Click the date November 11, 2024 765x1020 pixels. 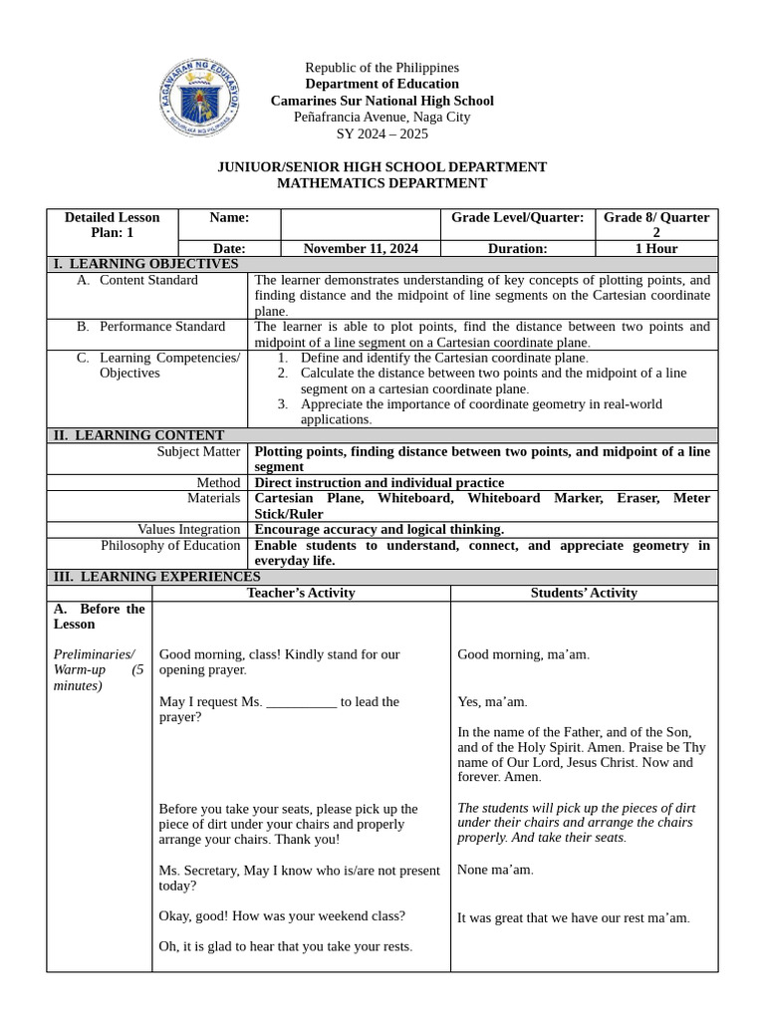[361, 248]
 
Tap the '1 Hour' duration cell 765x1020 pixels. [655, 248]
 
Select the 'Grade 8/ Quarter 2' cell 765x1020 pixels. [655, 225]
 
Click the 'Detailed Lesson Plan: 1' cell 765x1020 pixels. [112, 225]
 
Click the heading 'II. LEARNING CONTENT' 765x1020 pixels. [137, 435]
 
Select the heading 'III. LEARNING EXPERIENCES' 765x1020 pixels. [156, 577]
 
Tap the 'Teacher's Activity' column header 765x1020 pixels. [301, 593]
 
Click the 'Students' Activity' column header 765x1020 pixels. [584, 593]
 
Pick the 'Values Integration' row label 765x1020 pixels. [188, 529]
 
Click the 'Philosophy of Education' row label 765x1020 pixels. [170, 545]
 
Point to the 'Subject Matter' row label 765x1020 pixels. [199, 451]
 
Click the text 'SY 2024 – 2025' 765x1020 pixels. [382, 133]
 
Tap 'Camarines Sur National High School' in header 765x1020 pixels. [382, 101]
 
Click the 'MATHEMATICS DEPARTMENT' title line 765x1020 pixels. [382, 183]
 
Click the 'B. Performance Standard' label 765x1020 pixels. [150, 326]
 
